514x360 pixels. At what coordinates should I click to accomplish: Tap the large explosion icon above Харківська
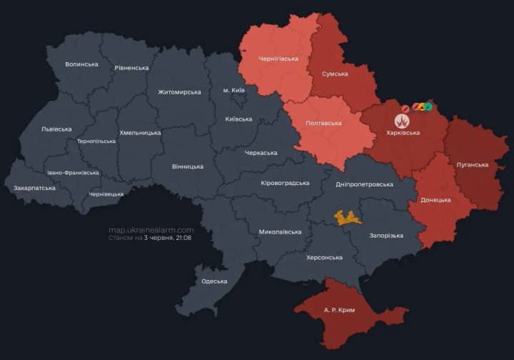[402, 120]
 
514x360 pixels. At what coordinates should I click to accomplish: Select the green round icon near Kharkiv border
[428, 107]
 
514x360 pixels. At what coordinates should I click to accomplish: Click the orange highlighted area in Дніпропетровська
[348, 218]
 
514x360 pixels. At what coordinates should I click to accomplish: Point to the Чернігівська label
[278, 59]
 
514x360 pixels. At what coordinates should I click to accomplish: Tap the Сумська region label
[335, 74]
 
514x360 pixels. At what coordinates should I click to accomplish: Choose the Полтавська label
[323, 123]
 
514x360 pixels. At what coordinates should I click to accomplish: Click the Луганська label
[472, 164]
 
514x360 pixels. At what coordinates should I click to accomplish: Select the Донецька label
[435, 199]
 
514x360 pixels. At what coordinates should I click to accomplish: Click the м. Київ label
[234, 91]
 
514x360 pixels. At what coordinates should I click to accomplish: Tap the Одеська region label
[214, 281]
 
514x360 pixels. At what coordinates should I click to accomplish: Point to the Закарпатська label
[34, 188]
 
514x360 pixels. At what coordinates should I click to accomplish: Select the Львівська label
[56, 129]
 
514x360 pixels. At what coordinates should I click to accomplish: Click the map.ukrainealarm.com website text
[151, 230]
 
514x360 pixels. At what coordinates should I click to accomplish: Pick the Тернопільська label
[96, 141]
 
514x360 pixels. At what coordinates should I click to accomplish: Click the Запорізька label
[386, 236]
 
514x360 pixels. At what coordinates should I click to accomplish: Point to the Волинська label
[81, 64]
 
